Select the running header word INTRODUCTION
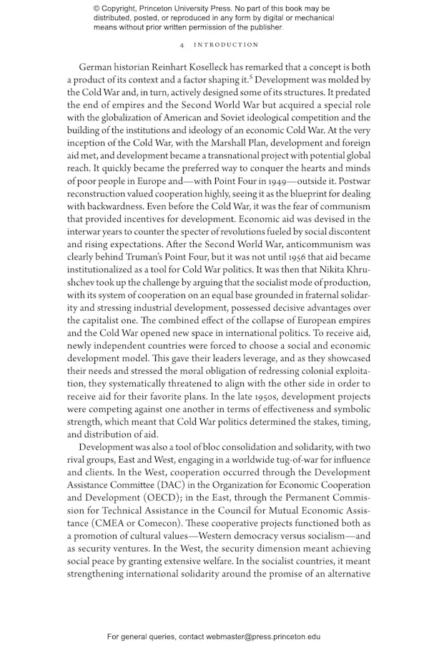(227, 44)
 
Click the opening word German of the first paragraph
(97, 66)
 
